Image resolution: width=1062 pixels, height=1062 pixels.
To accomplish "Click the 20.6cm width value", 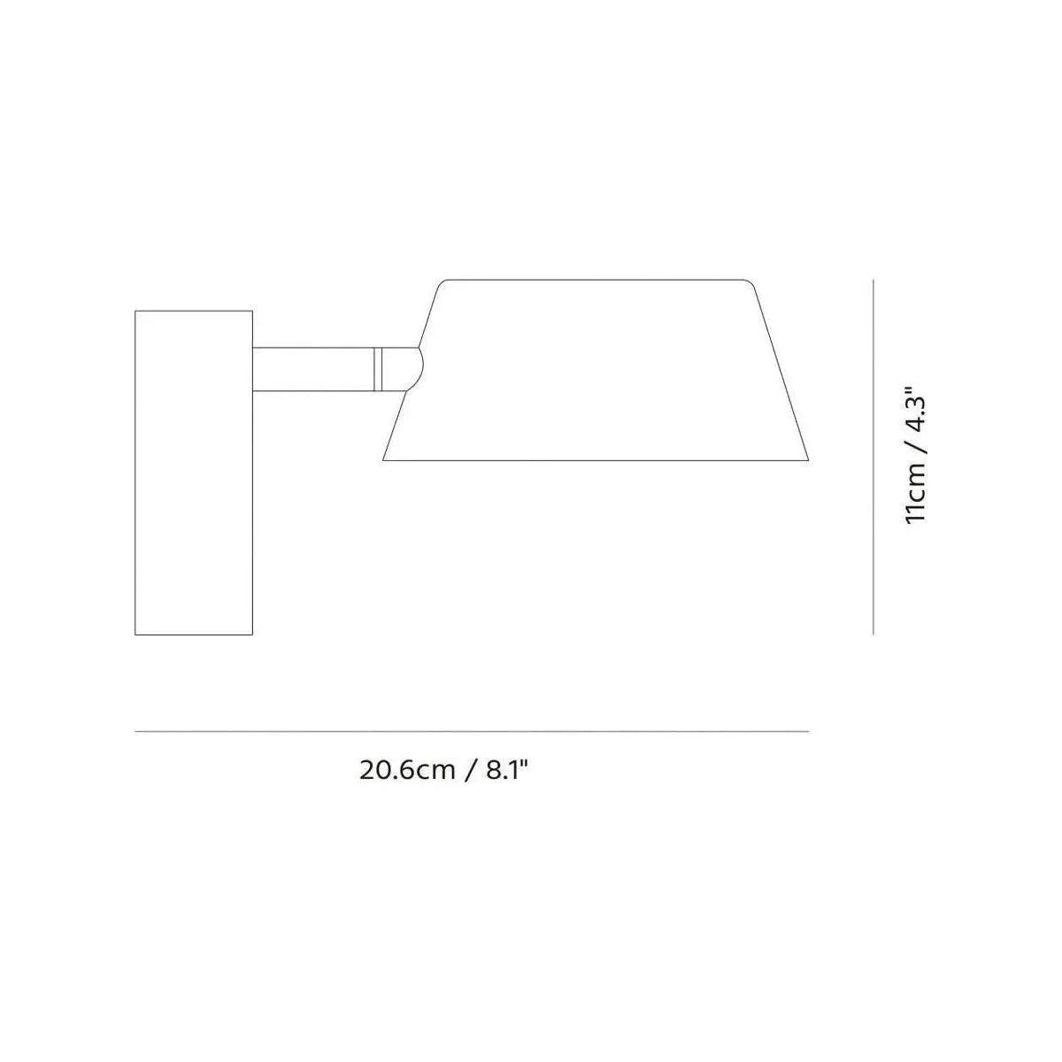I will [x=406, y=769].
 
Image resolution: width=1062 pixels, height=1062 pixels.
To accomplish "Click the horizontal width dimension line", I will [x=472, y=731].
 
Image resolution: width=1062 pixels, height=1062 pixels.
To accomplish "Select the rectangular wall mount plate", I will [x=194, y=473].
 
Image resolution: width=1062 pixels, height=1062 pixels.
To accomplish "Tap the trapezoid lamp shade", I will [x=597, y=372].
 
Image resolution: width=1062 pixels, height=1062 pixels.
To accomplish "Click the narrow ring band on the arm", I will [x=377, y=369].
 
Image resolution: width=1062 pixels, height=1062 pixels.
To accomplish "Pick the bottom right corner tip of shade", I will [x=807, y=459].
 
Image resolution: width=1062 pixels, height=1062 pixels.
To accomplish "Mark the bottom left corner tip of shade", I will [x=384, y=459].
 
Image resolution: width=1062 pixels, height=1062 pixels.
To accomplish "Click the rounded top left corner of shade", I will [x=443, y=283].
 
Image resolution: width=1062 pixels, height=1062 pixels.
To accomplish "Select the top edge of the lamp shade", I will [x=597, y=280].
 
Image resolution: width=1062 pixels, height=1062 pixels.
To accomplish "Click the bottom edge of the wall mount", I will [x=194, y=635].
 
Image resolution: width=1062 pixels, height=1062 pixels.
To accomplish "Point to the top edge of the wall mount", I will [x=194, y=311].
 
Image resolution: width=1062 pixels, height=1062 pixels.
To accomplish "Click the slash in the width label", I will [x=471, y=769].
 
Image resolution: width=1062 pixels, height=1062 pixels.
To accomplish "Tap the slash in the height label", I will [x=916, y=453].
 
